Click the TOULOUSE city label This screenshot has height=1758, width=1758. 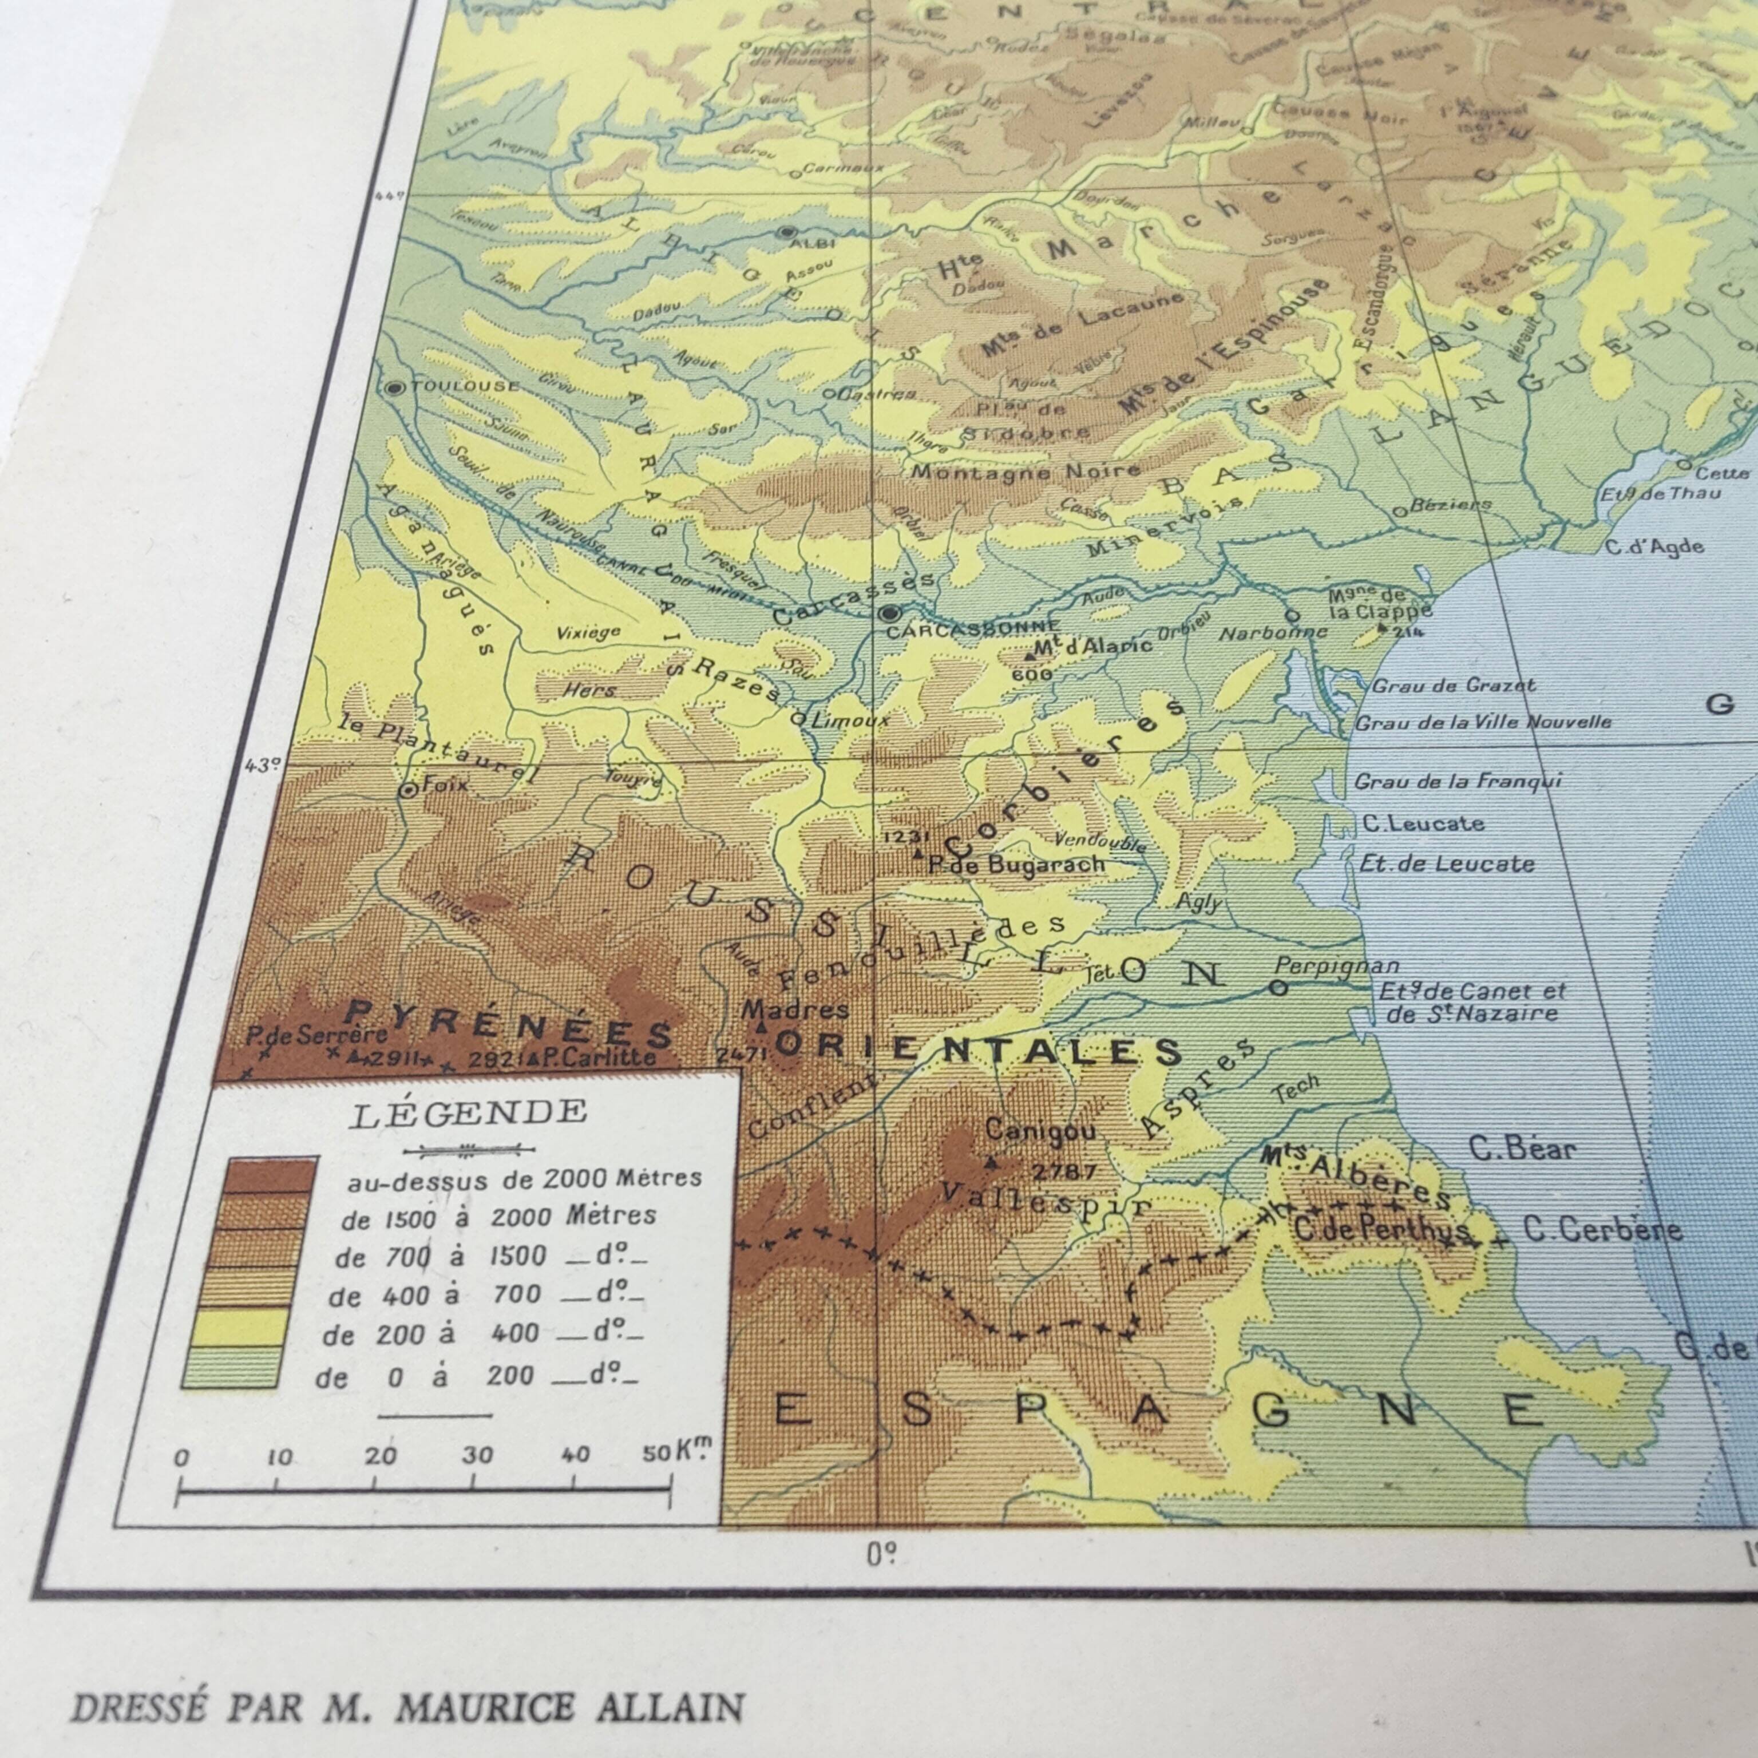coord(464,386)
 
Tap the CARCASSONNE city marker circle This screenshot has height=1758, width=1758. coord(889,613)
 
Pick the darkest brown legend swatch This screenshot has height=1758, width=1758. coord(272,1175)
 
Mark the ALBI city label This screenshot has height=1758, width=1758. coord(813,243)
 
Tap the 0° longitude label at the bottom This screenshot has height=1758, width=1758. coord(881,1555)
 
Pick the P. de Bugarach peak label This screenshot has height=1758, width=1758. coord(1016,865)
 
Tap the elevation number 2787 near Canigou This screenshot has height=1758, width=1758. coord(1064,1170)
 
